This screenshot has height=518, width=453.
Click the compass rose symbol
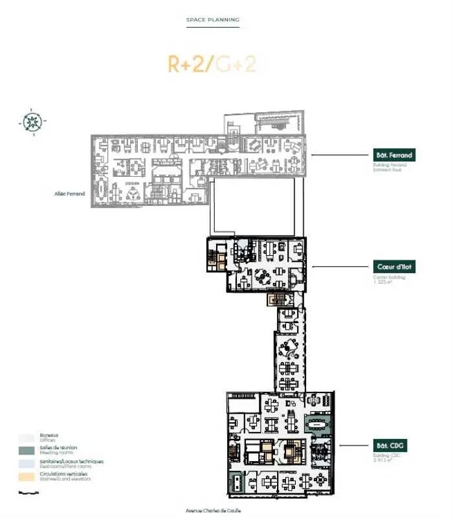pyautogui.click(x=30, y=121)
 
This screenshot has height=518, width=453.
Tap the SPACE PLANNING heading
pyautogui.click(x=213, y=20)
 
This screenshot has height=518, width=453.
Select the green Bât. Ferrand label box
pyautogui.click(x=393, y=155)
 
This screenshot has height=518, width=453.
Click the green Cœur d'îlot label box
pyautogui.click(x=393, y=267)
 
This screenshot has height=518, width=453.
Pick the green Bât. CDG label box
pyautogui.click(x=393, y=445)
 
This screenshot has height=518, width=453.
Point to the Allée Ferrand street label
pyautogui.click(x=70, y=194)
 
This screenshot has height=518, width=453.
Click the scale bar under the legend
pyautogui.click(x=26, y=493)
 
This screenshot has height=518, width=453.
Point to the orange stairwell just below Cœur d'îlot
pyautogui.click(x=276, y=299)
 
